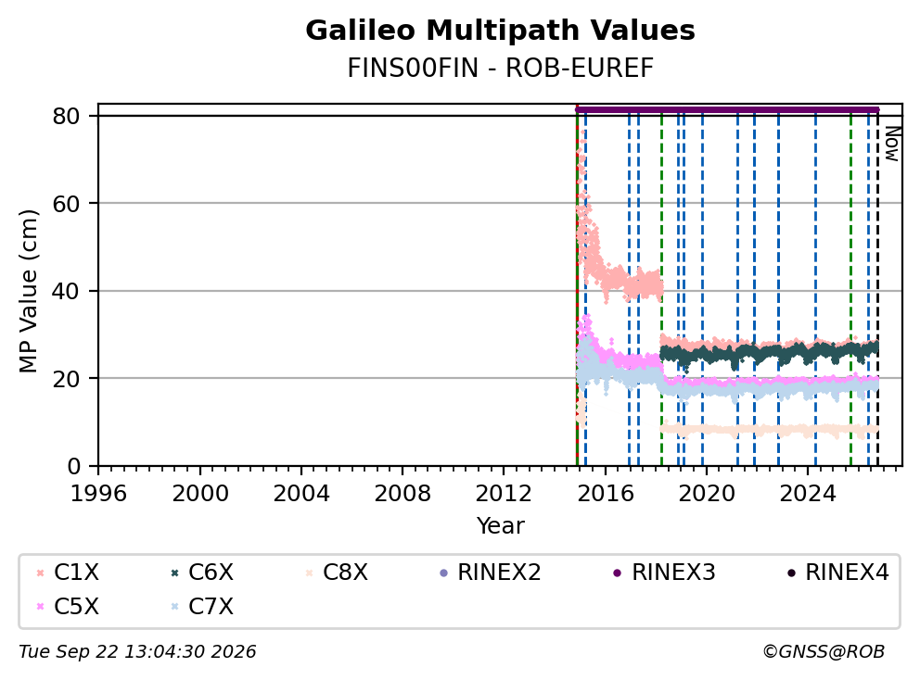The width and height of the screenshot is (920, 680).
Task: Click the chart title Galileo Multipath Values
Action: coord(500,31)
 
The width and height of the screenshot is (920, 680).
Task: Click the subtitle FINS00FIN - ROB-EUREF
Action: coord(500,68)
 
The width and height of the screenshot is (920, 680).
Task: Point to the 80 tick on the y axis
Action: coord(66,116)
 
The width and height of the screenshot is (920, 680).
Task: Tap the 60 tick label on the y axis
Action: coord(66,204)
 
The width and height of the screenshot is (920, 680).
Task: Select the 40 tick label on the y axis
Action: coord(66,291)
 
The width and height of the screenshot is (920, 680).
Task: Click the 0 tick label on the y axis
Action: coord(73,466)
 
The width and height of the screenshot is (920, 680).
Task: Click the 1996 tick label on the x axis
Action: coord(98,494)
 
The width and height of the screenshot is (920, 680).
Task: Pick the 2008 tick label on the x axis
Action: coord(402,494)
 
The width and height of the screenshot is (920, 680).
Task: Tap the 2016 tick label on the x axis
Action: coord(605,494)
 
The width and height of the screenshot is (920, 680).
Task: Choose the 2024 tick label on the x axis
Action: coord(808,494)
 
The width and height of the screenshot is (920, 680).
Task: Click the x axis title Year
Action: coord(500,526)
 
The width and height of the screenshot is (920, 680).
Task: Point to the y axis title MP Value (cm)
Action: coord(28,291)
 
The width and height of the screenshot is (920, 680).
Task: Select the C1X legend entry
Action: coord(68,573)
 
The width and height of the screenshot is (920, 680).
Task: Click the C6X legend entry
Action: coord(202,573)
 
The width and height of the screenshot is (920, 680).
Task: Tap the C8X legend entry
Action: coord(337,573)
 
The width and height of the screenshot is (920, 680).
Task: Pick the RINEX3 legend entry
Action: coord(664,573)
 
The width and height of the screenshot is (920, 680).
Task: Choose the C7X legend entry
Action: coord(202,607)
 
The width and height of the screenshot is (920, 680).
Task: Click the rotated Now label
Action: coord(892,144)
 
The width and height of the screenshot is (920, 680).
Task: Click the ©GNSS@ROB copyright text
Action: coord(824,652)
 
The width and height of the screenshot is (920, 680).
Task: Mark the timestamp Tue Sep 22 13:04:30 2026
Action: coord(137,652)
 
